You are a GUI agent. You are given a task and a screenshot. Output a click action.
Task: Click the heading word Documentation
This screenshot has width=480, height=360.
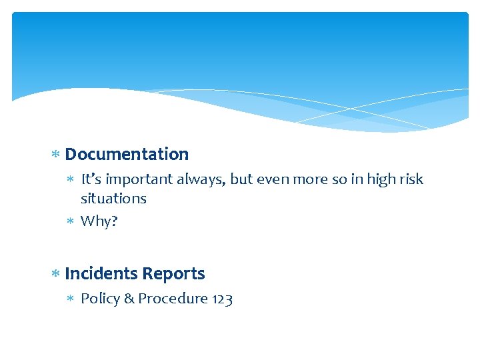click(127, 155)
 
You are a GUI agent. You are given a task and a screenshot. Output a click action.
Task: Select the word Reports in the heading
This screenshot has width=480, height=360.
click(173, 274)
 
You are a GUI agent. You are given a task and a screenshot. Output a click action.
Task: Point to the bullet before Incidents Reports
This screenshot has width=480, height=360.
click(56, 274)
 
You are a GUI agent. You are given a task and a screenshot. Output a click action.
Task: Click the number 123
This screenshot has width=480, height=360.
click(222, 299)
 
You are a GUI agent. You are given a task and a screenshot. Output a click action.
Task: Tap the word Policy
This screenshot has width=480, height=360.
click(98, 299)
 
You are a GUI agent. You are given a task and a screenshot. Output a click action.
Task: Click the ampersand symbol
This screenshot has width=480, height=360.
click(127, 299)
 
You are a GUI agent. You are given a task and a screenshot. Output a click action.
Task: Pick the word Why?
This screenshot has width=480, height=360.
click(99, 221)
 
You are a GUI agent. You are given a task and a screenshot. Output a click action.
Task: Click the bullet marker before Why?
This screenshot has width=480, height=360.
click(72, 221)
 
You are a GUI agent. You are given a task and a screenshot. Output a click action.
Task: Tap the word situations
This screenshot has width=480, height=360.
click(113, 199)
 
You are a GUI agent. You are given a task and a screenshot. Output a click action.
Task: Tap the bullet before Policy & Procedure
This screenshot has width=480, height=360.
click(72, 299)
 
